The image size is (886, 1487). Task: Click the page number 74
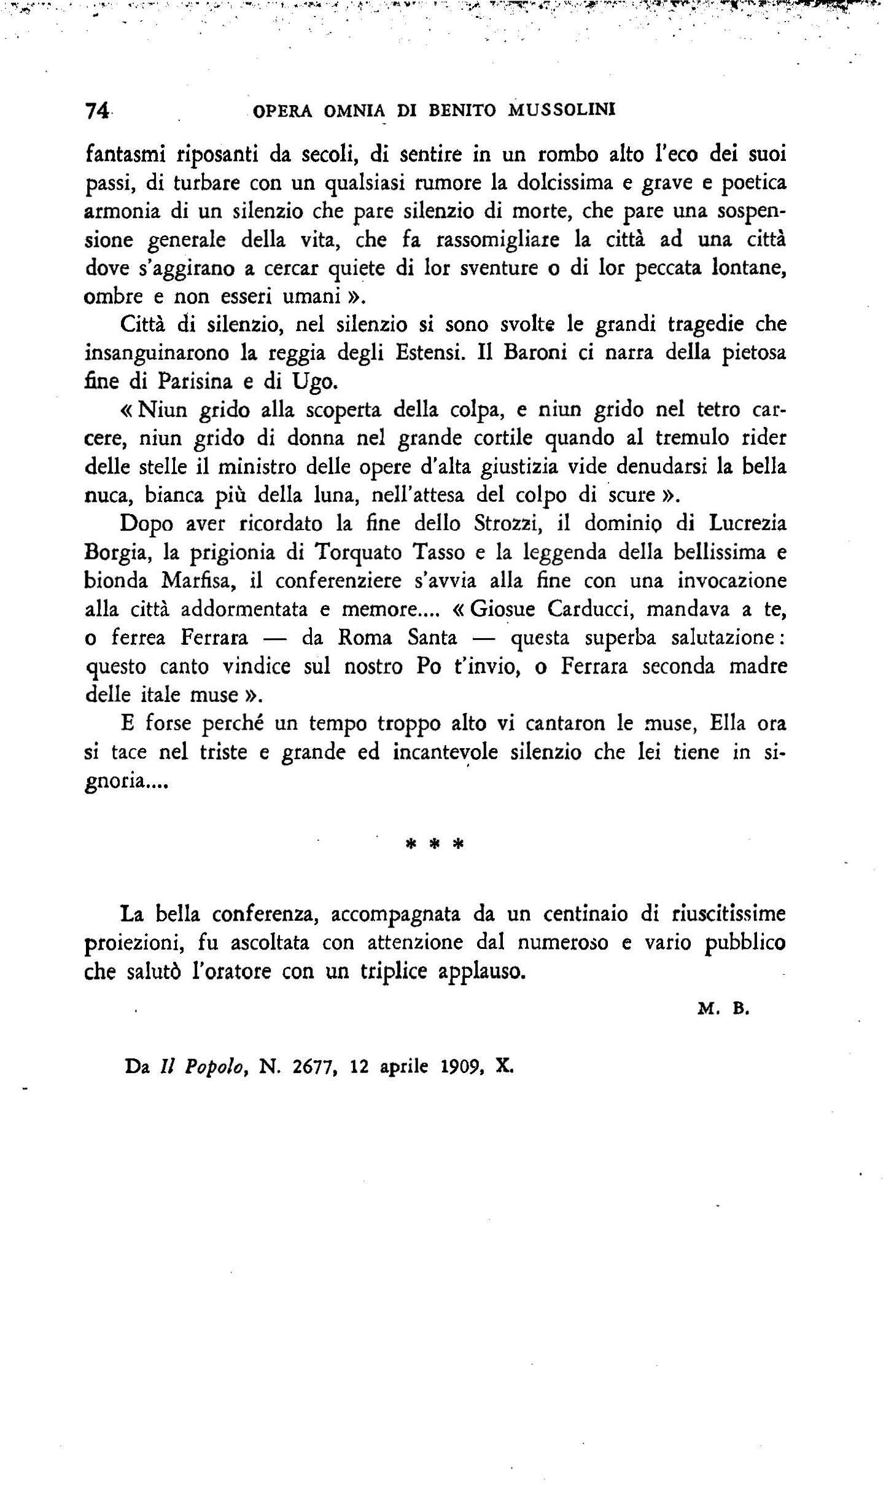(98, 111)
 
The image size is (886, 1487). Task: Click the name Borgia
(114, 554)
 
